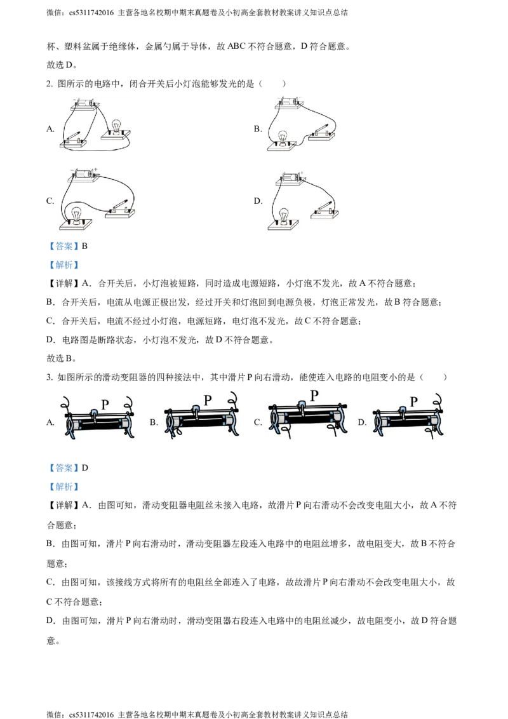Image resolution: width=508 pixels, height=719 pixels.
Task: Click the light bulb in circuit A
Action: click(x=116, y=126)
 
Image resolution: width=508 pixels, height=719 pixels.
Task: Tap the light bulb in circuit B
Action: click(x=283, y=137)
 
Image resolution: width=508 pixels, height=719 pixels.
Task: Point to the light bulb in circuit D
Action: click(x=284, y=215)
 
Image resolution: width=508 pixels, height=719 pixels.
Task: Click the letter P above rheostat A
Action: click(x=105, y=405)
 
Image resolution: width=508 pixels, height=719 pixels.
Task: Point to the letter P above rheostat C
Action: click(x=314, y=395)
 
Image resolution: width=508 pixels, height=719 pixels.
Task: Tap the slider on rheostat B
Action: click(x=196, y=411)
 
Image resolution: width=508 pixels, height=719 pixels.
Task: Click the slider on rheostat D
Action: click(x=403, y=412)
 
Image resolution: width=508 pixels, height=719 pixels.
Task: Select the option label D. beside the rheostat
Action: click(x=362, y=422)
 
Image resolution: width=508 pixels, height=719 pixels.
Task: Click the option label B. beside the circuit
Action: click(x=258, y=129)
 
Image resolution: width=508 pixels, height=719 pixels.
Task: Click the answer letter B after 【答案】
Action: click(x=84, y=246)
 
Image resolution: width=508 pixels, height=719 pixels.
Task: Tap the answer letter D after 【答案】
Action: click(x=85, y=467)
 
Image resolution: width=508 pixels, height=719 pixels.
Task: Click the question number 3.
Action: click(x=50, y=377)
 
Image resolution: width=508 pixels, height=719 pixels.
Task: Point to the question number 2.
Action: click(x=50, y=84)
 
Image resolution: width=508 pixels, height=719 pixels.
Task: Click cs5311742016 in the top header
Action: click(x=91, y=13)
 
